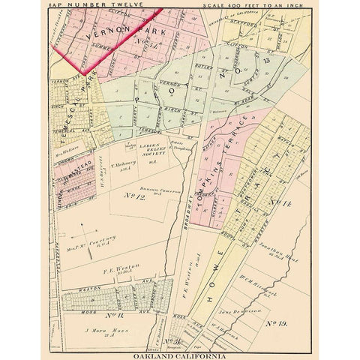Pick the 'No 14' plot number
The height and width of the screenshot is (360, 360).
tap(278, 204)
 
